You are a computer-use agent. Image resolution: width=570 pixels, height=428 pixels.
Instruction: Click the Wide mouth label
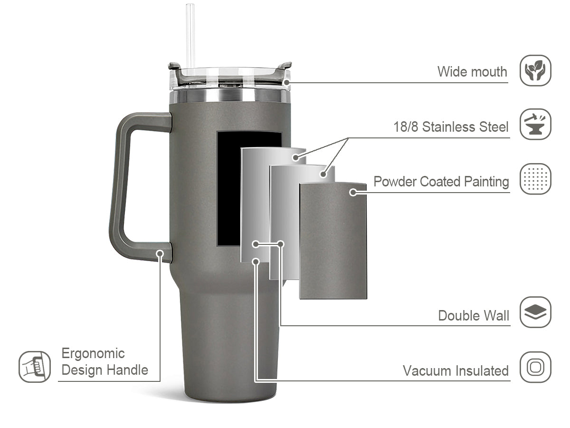point(472,72)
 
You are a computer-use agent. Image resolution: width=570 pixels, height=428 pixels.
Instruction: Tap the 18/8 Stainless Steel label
point(451,127)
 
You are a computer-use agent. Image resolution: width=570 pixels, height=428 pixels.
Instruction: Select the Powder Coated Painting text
point(441,182)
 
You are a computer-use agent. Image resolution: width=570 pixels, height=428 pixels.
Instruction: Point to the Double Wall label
point(473,315)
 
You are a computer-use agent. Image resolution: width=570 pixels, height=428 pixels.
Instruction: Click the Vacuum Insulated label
point(456,370)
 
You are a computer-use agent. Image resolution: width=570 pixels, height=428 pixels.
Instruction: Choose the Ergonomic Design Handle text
point(104,361)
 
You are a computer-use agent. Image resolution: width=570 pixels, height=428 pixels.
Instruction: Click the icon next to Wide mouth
point(535,70)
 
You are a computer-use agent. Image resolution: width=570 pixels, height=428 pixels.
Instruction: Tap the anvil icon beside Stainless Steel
point(535,124)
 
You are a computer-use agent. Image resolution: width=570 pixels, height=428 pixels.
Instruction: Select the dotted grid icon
point(535,179)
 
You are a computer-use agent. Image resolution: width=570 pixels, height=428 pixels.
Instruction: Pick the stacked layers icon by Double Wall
point(535,312)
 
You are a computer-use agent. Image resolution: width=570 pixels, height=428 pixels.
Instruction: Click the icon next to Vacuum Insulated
point(535,367)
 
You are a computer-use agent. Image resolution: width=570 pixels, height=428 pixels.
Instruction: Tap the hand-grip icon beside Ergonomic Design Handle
point(35,367)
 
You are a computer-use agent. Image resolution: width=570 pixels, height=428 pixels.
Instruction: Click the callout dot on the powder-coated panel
point(353,192)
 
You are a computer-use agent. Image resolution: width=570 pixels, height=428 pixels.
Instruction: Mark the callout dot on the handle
point(160,253)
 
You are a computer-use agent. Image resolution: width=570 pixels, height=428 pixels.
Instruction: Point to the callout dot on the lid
point(287,82)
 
